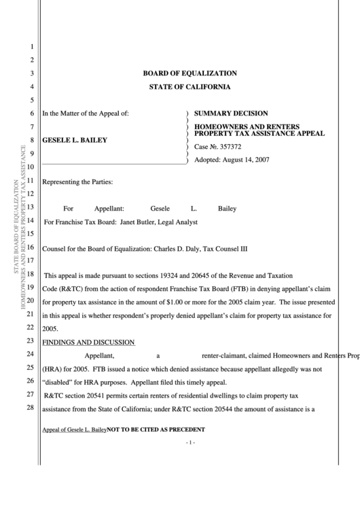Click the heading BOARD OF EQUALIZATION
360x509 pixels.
[190, 73]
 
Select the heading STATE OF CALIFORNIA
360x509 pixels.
[190, 87]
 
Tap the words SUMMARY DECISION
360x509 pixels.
[231, 113]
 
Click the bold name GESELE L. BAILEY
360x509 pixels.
[75, 140]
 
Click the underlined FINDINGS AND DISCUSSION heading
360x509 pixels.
[88, 342]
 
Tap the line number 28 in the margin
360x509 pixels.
[30, 408]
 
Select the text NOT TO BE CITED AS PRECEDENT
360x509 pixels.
[156, 430]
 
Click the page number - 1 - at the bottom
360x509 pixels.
[190, 443]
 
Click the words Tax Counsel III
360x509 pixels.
[226, 249]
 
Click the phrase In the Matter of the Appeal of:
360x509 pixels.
[86, 113]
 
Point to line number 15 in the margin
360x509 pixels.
[30, 234]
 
